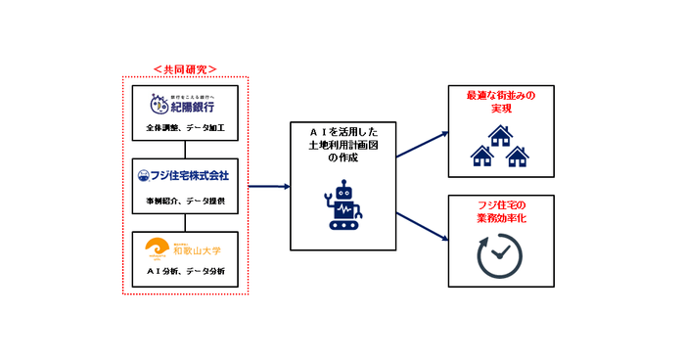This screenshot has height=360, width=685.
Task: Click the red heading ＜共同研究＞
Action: click(185, 69)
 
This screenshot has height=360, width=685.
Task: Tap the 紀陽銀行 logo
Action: click(184, 104)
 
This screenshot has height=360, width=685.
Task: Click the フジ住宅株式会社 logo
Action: click(185, 175)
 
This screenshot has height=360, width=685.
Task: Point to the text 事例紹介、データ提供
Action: click(185, 201)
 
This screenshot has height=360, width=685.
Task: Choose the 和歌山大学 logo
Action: click(185, 247)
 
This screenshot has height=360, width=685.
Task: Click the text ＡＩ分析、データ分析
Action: click(185, 271)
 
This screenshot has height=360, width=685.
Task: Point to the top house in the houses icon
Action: click(499, 137)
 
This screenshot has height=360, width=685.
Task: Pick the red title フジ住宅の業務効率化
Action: click(499, 210)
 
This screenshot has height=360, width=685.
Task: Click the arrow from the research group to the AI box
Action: click(269, 186)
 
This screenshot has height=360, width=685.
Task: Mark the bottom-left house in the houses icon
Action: click(482, 155)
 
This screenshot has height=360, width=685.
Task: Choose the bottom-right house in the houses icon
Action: click(516, 155)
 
